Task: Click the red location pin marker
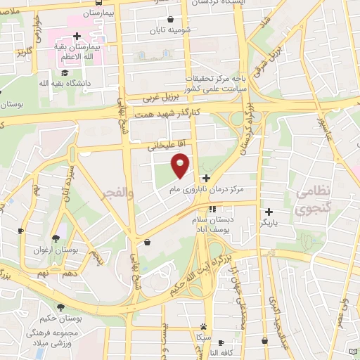point(181,165)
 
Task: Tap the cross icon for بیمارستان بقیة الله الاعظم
point(77,36)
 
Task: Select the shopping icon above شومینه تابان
point(172,20)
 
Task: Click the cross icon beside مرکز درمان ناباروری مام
point(205,179)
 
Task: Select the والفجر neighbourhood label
point(112,191)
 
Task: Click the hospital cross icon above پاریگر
point(269,212)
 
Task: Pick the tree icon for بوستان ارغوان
point(56,238)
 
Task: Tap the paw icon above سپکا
point(203,326)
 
